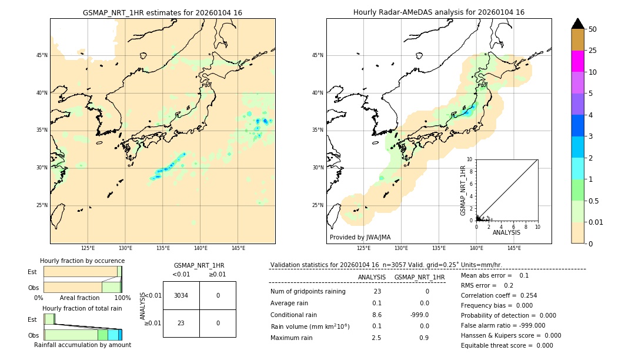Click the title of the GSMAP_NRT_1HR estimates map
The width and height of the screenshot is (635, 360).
162,12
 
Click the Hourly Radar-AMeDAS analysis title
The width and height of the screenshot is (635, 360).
439,12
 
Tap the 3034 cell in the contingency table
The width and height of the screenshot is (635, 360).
181,295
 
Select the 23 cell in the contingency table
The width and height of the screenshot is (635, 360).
181,323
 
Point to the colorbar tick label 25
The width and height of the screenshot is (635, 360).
593,51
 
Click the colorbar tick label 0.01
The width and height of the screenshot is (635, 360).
596,222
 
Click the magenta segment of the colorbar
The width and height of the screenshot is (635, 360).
578,61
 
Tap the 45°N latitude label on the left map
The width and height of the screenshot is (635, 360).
42,55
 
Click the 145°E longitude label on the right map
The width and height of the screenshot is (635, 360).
514,248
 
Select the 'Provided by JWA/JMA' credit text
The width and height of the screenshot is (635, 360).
360,238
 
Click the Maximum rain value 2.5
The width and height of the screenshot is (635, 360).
377,338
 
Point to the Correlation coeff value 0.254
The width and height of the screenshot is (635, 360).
525,295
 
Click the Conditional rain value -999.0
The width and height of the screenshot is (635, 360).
419,315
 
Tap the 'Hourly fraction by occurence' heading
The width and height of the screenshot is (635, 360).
82,261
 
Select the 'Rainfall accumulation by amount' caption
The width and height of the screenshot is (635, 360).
82,345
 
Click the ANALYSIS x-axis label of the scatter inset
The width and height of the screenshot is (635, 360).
506,232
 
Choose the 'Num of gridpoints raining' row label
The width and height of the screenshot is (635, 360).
308,292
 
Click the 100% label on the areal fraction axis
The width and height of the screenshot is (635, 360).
122,298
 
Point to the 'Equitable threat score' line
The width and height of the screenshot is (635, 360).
507,345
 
